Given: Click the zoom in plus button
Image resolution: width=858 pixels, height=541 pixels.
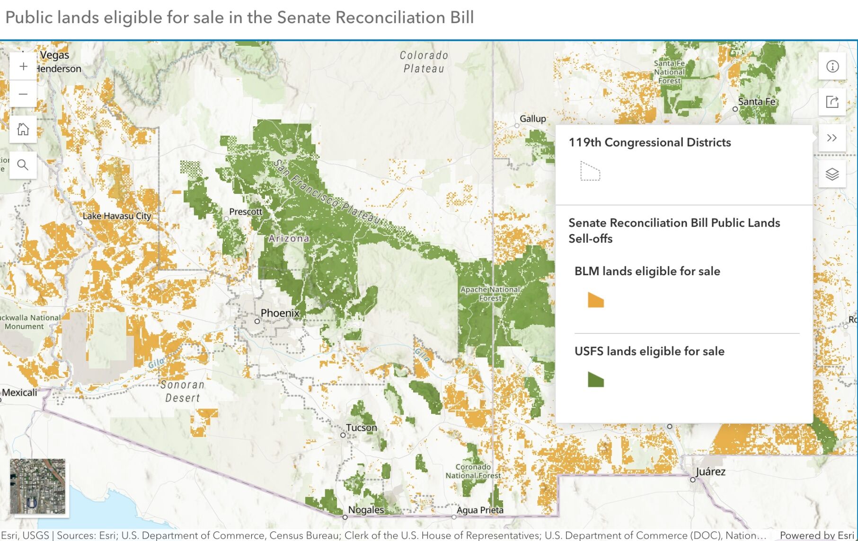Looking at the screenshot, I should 23,67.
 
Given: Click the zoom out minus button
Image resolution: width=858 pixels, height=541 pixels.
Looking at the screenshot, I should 23,94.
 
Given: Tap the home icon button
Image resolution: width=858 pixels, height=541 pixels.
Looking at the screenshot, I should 23,129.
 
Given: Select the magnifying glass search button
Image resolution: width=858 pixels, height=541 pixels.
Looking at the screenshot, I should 23,165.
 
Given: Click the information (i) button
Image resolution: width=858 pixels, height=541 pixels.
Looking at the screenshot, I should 832,67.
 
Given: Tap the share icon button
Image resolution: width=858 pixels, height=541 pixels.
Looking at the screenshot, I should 832,102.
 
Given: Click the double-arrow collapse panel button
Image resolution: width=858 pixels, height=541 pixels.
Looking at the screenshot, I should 832,138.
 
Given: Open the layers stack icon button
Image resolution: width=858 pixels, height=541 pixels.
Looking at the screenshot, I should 832,174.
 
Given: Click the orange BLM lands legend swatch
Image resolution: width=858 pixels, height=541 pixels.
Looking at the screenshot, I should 595,300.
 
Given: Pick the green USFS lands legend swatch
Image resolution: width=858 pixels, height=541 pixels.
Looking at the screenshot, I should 595,379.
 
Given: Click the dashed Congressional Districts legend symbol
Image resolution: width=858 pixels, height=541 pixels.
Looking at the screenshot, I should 590,171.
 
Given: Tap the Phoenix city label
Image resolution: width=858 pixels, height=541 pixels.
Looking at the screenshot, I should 280,313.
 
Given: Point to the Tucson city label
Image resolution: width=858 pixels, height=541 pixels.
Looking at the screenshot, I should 362,428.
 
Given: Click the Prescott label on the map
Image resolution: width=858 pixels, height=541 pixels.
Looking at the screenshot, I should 245,211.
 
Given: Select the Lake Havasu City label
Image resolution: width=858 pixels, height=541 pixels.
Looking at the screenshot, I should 117,216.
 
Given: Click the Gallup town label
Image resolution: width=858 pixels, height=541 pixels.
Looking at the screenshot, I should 533,118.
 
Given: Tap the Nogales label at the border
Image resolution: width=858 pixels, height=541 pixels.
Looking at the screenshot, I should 366,510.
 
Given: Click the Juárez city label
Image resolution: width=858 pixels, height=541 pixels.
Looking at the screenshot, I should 710,471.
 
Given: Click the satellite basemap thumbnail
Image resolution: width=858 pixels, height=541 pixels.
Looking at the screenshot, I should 38,486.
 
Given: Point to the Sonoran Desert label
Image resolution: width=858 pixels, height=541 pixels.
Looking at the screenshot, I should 183,391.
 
